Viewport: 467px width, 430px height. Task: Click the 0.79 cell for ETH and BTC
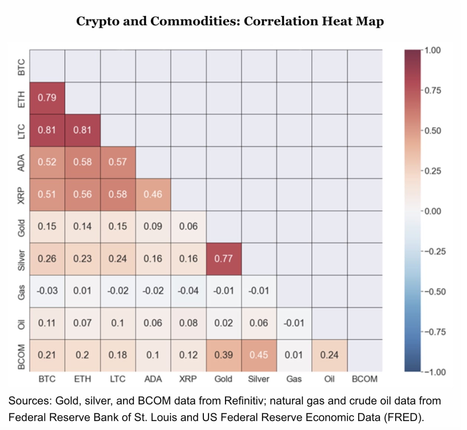[x=47, y=98]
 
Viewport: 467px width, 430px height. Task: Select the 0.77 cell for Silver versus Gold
[x=223, y=259]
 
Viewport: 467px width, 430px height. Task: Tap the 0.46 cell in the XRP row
[x=153, y=194]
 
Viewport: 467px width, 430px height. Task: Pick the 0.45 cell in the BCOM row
[x=259, y=355]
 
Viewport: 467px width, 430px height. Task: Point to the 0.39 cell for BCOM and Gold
[x=223, y=355]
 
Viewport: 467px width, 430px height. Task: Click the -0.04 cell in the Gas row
[x=188, y=291]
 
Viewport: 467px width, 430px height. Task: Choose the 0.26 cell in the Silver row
[x=47, y=259]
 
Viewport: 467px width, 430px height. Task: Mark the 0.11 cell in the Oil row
[x=47, y=323]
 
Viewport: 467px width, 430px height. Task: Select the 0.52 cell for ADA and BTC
[x=47, y=162]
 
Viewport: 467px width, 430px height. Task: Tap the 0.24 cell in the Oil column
[x=329, y=355]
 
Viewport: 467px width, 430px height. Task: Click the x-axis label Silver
[x=259, y=379]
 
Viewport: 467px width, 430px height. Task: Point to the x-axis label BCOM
[x=364, y=379]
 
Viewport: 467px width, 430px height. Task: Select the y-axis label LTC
[x=21, y=131]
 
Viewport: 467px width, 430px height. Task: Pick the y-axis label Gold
[x=21, y=228]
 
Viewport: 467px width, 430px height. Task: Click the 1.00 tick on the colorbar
[x=433, y=50]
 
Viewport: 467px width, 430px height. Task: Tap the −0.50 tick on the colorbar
[x=434, y=292]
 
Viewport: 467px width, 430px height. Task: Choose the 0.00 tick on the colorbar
[x=433, y=211]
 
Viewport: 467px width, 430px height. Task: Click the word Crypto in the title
[x=97, y=21]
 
